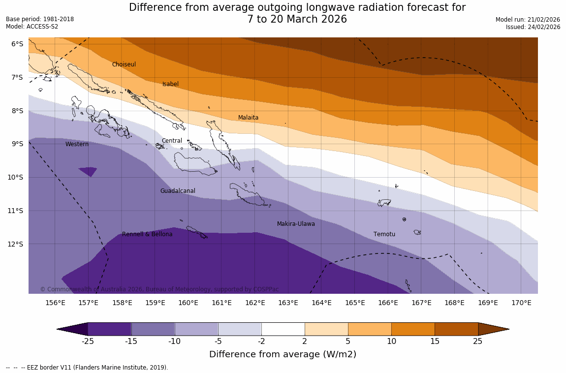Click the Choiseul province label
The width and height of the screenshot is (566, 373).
[124, 64]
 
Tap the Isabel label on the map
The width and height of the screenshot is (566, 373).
[170, 84]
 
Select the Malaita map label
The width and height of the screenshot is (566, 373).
[248, 118]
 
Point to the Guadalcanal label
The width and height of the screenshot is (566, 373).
[178, 191]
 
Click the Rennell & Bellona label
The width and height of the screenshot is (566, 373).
[147, 234]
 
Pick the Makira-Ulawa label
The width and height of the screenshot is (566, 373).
[296, 224]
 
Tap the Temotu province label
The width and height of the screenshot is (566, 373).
[384, 234]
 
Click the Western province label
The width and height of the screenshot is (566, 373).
[77, 144]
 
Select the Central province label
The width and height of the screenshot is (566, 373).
[172, 141]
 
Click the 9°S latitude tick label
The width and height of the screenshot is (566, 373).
[17, 144]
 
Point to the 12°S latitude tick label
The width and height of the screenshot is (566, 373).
[17, 244]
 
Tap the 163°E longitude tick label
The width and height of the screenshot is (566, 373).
[288, 303]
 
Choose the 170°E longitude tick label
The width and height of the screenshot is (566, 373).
[521, 303]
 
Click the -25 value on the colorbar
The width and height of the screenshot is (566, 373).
[88, 342]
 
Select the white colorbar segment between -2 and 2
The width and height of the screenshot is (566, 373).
[283, 329]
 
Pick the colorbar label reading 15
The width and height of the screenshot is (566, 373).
[435, 342]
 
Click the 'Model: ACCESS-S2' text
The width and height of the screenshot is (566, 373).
[32, 27]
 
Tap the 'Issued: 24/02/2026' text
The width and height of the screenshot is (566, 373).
[533, 27]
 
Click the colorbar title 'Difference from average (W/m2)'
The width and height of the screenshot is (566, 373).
[283, 354]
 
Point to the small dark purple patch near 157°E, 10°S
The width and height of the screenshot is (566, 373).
[88, 171]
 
